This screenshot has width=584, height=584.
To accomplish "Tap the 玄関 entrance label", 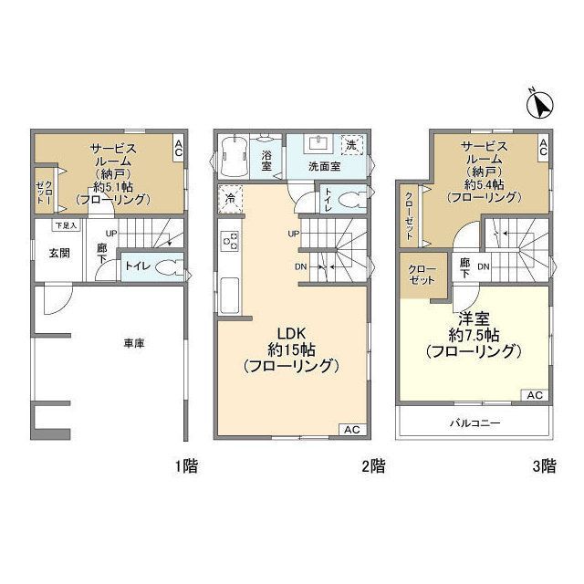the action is click(59, 254).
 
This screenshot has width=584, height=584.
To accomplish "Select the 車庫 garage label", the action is click(134, 343).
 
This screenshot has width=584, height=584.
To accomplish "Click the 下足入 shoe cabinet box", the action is click(67, 225).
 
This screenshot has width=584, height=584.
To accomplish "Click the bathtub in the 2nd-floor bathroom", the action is click(235, 156).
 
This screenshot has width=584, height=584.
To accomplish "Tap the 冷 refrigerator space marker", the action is click(231, 199).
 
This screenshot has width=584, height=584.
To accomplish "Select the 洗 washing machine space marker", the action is click(352, 145).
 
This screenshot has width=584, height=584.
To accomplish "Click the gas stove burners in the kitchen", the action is click(231, 241).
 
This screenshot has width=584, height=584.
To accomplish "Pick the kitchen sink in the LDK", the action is click(229, 296).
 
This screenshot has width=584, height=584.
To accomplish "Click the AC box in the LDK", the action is click(352, 430).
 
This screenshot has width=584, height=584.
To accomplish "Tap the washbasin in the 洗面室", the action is click(318, 144).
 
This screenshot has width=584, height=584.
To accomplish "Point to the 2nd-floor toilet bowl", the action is click(352, 199).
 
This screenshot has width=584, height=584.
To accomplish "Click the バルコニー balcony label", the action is click(474, 422).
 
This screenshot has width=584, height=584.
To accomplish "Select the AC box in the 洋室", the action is click(535, 395).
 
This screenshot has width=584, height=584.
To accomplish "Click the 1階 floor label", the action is click(186, 466).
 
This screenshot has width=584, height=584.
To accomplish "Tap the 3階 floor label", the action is click(544, 466).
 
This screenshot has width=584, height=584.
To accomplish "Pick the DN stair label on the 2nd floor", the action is click(301, 266).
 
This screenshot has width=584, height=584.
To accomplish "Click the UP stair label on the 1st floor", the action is click(111, 234).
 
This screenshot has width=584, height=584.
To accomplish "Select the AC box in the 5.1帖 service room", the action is click(179, 148).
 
